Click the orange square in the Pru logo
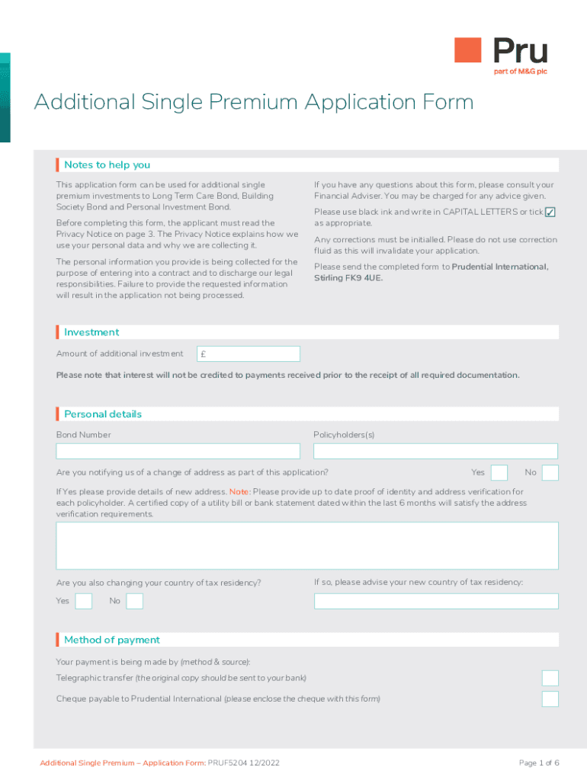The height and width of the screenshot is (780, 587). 468,50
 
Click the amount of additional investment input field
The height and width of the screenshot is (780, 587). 249,353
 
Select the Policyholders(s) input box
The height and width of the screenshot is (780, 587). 435,451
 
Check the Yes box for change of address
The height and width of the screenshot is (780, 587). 499,473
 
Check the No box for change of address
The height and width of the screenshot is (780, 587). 550,473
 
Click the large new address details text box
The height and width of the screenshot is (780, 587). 307,545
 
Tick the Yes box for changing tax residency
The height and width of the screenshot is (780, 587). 84,601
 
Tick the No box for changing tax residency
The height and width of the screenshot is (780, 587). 134,601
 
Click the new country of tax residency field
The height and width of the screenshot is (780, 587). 436,601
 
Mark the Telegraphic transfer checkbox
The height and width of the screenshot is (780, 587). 550,678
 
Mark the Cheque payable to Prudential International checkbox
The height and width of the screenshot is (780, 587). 550,698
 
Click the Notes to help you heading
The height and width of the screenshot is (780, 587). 107,165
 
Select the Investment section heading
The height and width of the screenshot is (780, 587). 91,332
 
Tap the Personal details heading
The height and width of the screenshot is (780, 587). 103,414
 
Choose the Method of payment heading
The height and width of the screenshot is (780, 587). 112,640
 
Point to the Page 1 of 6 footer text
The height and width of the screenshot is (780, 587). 539,762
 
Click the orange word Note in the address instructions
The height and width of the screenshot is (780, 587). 239,492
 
